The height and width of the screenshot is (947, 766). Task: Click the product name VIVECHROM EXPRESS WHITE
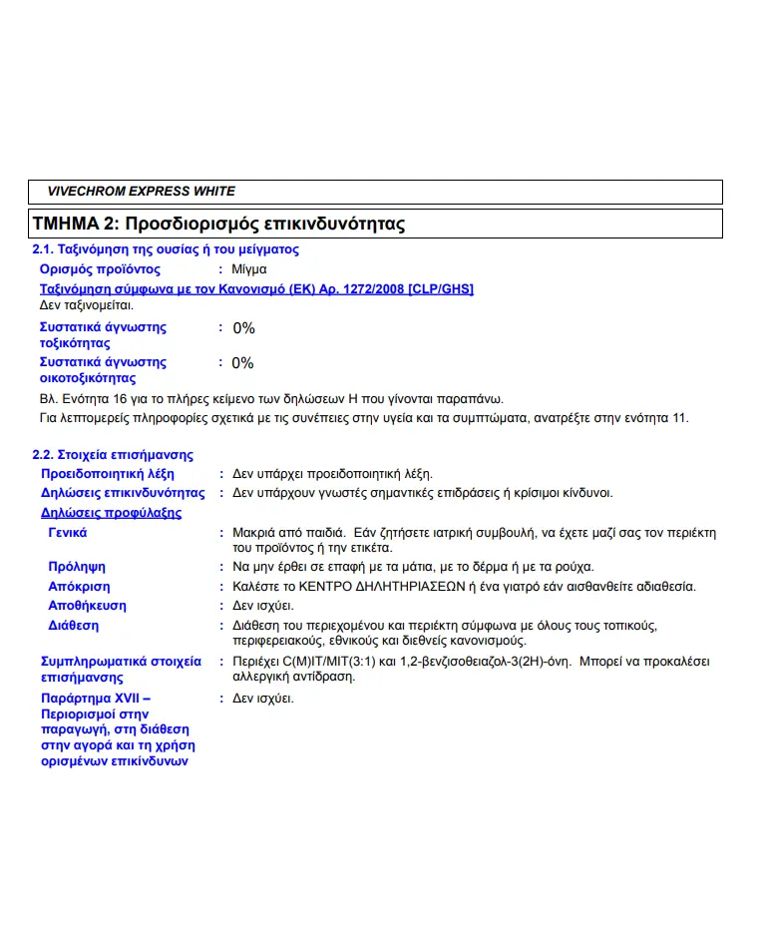coord(141,192)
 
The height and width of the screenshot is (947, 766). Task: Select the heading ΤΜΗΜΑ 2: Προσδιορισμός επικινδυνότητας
coord(219,224)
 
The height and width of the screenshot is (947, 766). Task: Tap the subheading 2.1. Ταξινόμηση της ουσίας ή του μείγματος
coord(166,249)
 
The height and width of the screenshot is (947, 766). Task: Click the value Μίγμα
coord(248,269)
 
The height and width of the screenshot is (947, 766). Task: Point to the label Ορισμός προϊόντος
coord(100,269)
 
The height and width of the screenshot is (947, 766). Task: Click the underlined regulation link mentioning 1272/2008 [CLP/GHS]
coord(256,289)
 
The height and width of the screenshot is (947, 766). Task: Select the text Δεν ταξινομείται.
coord(86,305)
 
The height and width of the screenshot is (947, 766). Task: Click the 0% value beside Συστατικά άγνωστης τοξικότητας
coord(243,328)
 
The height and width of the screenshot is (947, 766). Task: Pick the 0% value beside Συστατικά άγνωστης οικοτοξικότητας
coord(243,363)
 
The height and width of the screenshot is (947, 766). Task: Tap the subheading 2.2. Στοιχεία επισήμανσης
coord(113,455)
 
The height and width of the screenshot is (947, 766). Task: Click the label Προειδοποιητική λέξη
coord(108,474)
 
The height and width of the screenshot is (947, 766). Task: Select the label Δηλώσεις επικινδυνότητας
coord(123,493)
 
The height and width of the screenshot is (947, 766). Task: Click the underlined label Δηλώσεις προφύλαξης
coord(111,513)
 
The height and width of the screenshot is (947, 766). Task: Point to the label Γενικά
coord(68,533)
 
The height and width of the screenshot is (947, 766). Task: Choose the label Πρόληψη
coord(77,567)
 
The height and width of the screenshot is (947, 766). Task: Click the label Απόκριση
coord(79,587)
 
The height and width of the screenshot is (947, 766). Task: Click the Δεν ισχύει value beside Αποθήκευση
coord(263,606)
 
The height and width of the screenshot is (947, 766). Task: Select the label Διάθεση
coord(74,626)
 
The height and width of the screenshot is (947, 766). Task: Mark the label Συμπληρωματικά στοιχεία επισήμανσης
coord(121,669)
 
